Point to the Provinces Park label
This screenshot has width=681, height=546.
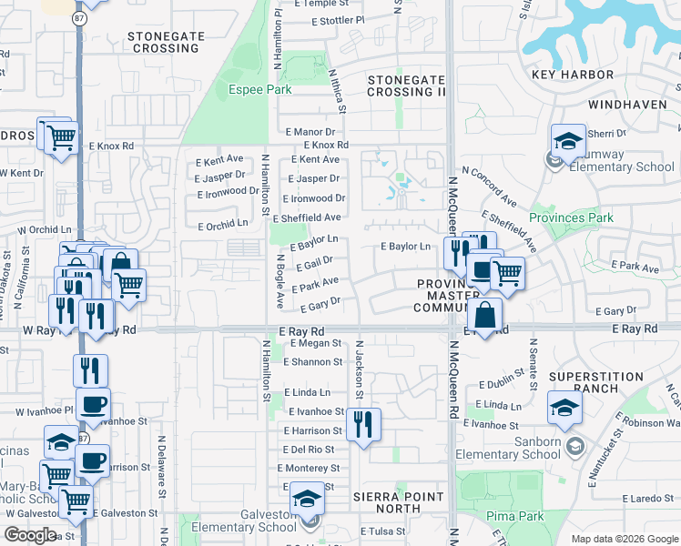tap(572, 217)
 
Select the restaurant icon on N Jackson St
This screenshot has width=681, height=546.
tap(363, 423)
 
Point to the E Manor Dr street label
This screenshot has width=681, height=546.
tap(310, 132)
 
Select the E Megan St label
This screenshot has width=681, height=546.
tap(315, 344)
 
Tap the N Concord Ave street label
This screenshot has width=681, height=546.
tap(489, 187)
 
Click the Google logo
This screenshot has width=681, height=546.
tap(31, 535)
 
